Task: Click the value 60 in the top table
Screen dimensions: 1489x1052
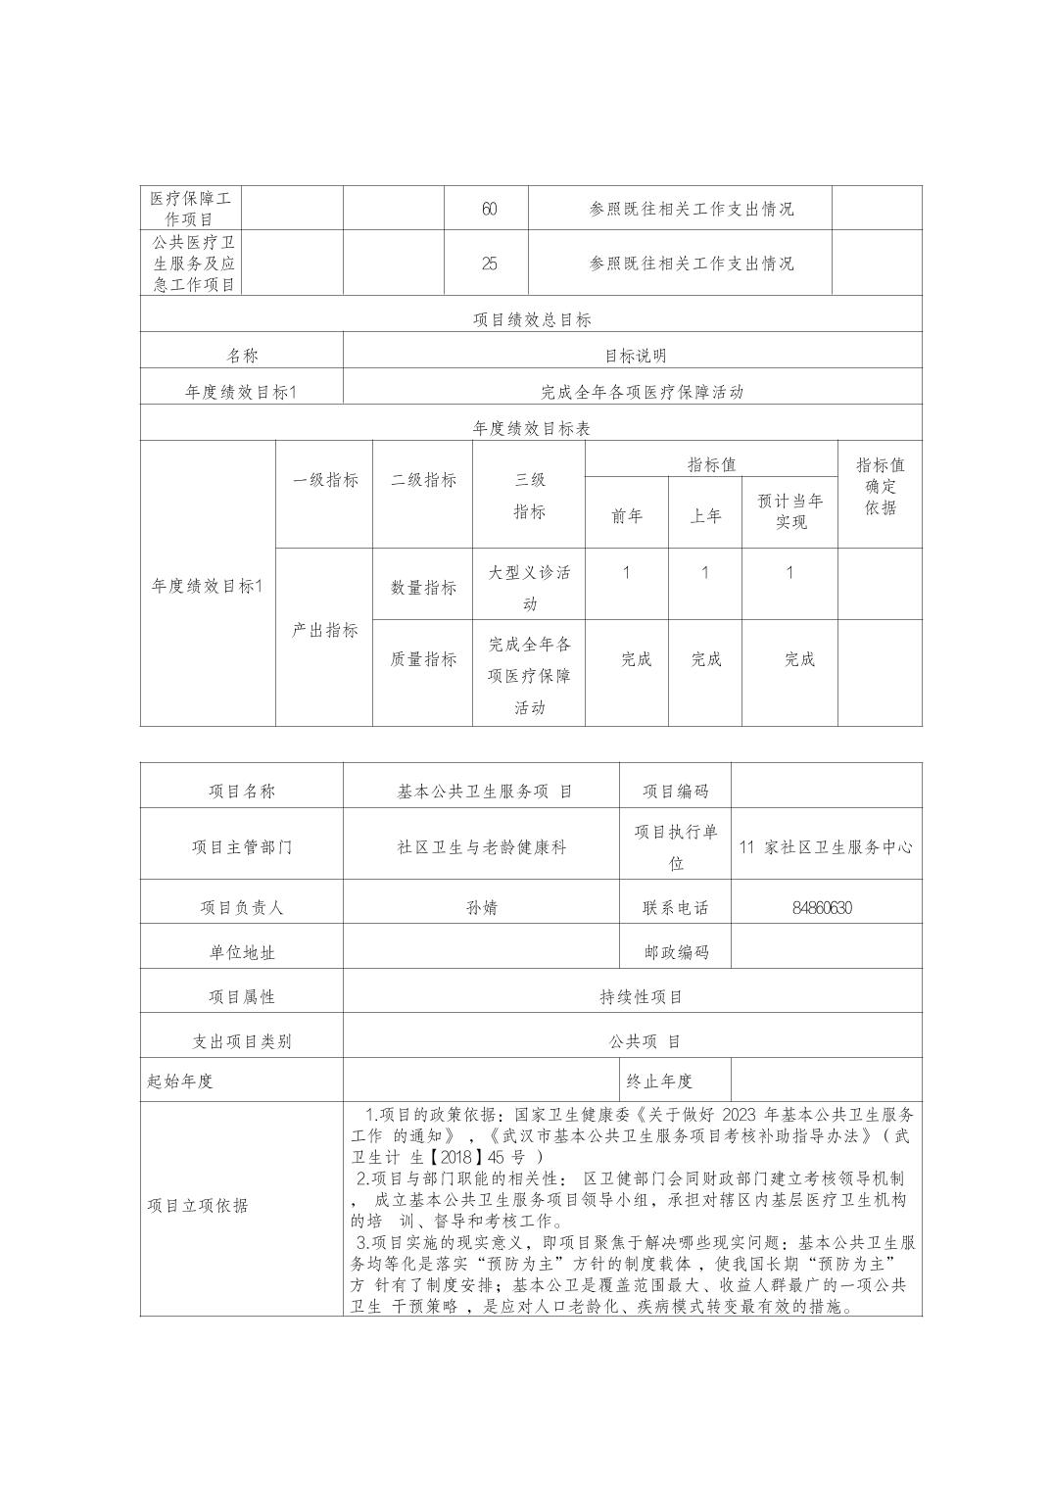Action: (489, 209)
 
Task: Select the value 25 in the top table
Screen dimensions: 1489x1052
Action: (489, 264)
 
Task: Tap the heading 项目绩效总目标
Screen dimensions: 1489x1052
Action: (532, 319)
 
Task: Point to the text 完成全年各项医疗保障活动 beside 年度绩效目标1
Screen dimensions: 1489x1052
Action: (642, 392)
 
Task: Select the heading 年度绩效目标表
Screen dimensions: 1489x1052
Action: (532, 428)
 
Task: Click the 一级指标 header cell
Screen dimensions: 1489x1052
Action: (325, 480)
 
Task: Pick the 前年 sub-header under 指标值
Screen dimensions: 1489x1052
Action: (627, 516)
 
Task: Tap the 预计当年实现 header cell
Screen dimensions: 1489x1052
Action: (790, 511)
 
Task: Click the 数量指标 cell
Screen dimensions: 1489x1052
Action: (423, 587)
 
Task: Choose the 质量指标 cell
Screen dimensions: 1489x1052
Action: (423, 659)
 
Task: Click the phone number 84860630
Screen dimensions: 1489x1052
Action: (822, 907)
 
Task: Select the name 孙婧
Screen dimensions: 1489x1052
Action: (482, 907)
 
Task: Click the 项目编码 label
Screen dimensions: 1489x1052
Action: (675, 792)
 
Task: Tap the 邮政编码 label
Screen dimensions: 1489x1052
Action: (676, 951)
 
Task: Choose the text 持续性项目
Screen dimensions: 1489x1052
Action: (642, 996)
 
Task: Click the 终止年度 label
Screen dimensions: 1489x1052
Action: (659, 1081)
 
